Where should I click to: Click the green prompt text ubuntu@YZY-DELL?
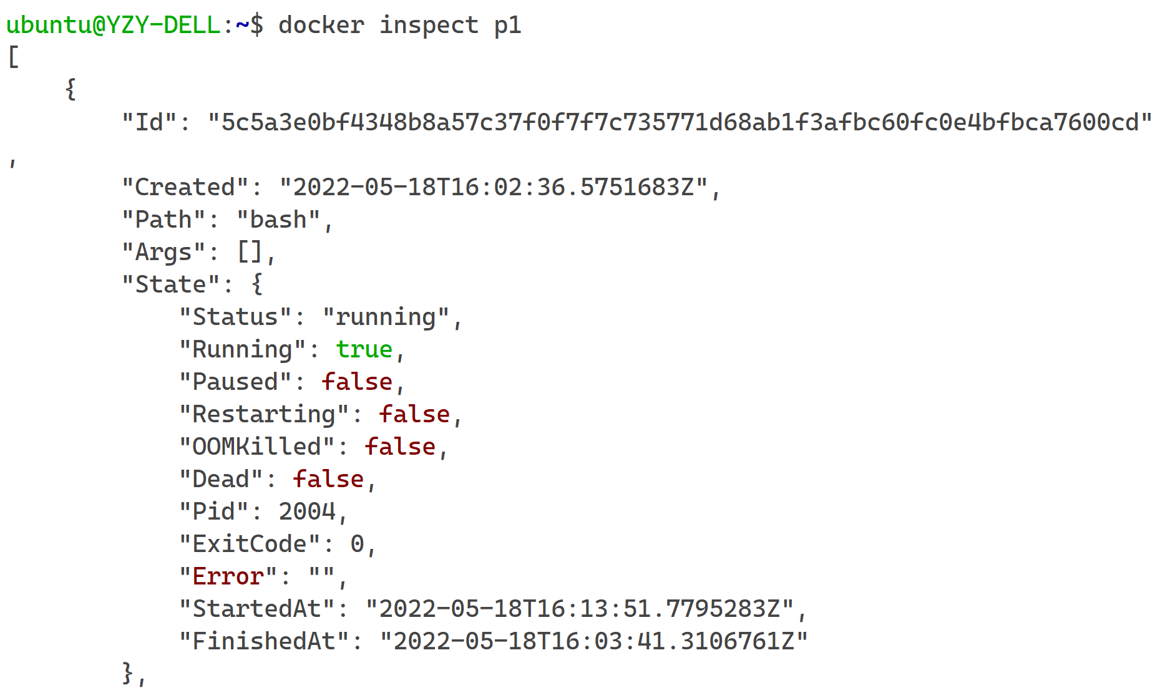point(113,25)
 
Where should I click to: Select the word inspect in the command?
point(429,25)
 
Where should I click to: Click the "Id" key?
point(150,122)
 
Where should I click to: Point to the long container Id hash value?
point(680,122)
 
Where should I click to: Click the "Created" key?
point(185,187)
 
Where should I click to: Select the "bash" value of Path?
point(278,219)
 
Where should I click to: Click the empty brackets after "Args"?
point(250,252)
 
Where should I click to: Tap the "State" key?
point(171,284)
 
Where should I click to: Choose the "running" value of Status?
point(386,317)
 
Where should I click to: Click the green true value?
point(364,349)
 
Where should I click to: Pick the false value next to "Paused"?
point(358,381)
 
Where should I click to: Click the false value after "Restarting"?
point(415,414)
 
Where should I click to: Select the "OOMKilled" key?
point(257,446)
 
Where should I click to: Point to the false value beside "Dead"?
point(329,478)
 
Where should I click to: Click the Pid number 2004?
point(307,511)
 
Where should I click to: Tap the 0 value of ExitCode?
point(358,544)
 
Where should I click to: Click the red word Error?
point(228,576)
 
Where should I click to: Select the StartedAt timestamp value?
point(580,608)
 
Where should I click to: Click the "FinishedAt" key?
point(264,641)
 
